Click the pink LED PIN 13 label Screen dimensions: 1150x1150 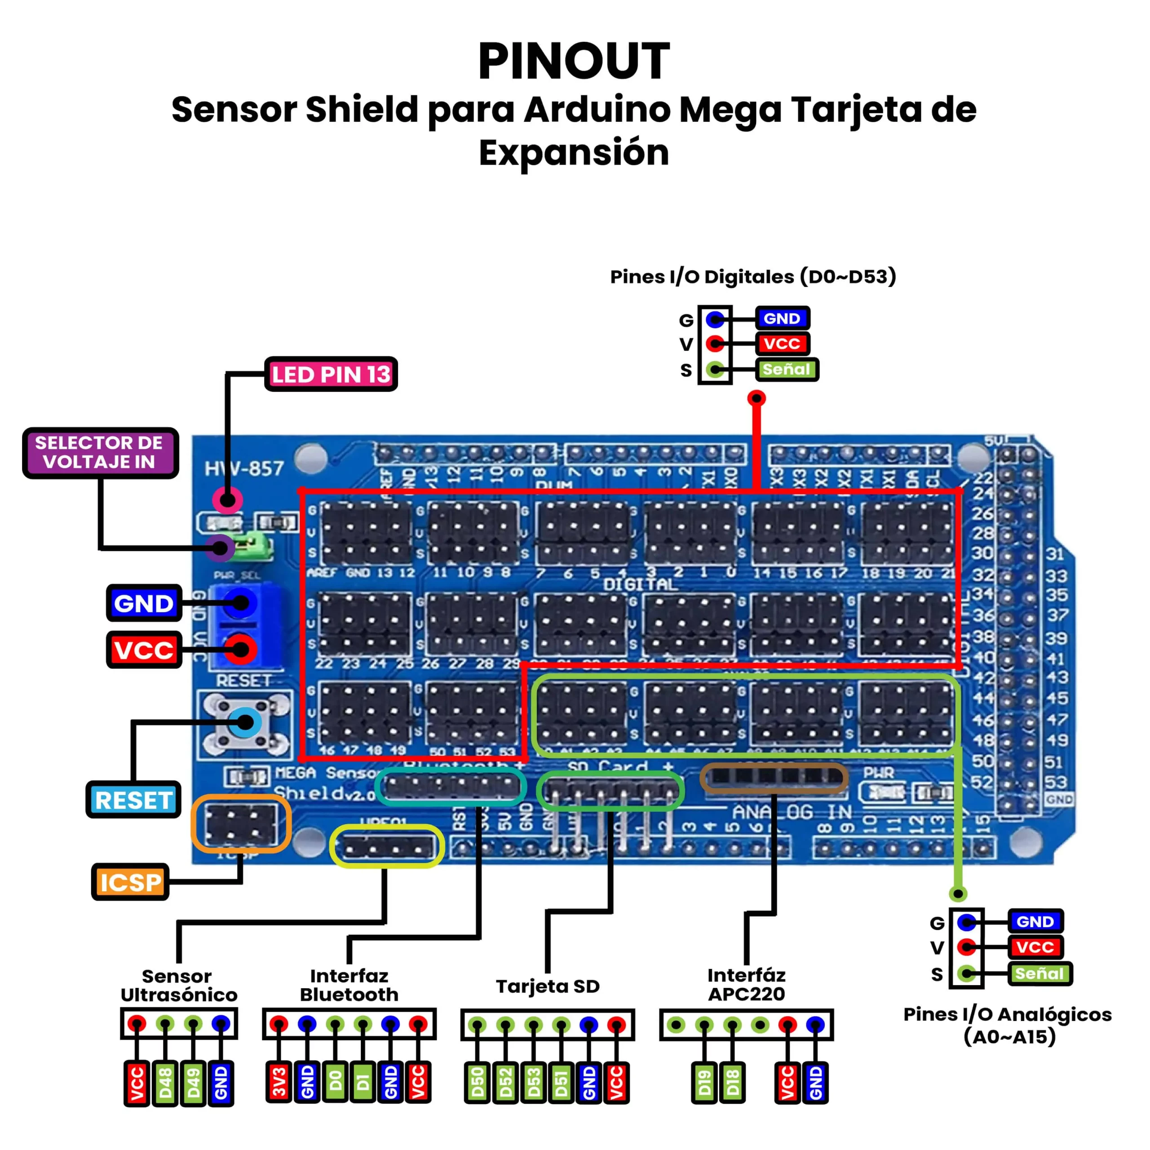point(331,374)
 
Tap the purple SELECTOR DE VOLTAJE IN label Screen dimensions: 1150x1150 point(100,453)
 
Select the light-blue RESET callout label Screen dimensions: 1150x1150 point(134,800)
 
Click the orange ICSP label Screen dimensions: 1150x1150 point(130,882)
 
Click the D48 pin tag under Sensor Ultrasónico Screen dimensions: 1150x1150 point(165,1083)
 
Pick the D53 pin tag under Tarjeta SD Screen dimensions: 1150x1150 point(534,1083)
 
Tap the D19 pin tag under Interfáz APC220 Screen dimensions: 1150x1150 point(705,1083)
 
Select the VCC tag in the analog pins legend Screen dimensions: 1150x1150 point(1035,947)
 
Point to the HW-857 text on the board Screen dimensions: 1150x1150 point(244,469)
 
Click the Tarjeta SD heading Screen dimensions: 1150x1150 point(548,986)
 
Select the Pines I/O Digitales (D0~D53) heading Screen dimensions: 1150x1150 point(753,277)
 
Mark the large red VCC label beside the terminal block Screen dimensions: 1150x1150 point(144,650)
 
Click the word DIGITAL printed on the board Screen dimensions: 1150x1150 point(641,584)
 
